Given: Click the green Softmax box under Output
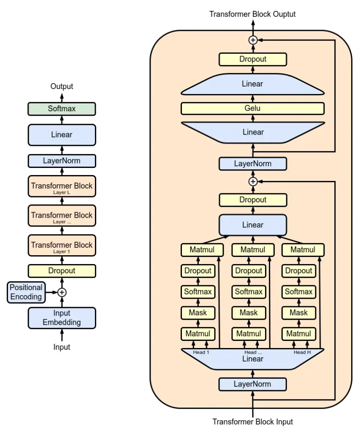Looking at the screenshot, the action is [x=62, y=109].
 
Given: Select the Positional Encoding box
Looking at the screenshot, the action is [x=26, y=292].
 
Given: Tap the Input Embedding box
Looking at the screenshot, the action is [x=62, y=318].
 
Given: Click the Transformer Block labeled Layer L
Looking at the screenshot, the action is [x=62, y=186].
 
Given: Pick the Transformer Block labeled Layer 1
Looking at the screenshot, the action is [x=62, y=246].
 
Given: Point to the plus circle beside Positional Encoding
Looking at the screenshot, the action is [x=62, y=292].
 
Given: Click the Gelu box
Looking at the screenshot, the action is [x=252, y=108].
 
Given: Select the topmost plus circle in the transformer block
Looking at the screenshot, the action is [x=253, y=40].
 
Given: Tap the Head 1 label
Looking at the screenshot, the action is [x=201, y=352].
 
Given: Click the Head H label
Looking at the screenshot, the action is [x=302, y=352].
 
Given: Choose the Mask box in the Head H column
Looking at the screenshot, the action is [x=299, y=313].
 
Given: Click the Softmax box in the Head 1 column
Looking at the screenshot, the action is [x=198, y=292].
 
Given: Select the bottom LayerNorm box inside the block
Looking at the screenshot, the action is [x=252, y=384].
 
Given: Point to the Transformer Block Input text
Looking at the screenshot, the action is [x=252, y=422].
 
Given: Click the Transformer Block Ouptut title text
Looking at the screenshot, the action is [x=252, y=14].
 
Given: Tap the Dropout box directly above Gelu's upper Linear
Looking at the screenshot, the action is [x=253, y=59].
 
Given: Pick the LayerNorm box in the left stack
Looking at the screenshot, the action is [x=62, y=161].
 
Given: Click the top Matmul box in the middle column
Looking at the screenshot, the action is [x=253, y=250].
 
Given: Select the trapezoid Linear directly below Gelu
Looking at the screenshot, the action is [x=253, y=132].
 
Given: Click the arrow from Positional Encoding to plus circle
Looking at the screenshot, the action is [x=51, y=292].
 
